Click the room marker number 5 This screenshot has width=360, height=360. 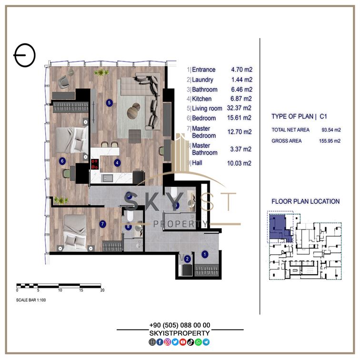click(x=110, y=103)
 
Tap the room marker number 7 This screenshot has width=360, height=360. click(x=103, y=224)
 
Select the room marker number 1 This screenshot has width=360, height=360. click(x=205, y=254)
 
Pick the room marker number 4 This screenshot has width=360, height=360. click(x=117, y=163)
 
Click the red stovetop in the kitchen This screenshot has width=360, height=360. click(x=95, y=164)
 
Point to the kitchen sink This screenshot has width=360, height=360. click(x=107, y=178)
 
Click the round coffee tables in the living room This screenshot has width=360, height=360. click(x=134, y=110)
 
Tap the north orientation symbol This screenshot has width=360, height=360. click(x=24, y=55)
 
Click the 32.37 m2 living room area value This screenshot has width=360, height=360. click(x=239, y=108)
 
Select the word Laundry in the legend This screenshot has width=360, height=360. click(x=202, y=80)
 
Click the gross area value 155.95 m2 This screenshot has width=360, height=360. click(x=330, y=141)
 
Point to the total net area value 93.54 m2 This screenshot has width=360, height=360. click(x=331, y=130)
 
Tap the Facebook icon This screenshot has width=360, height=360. click(x=160, y=342)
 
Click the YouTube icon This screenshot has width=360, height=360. click(x=183, y=342)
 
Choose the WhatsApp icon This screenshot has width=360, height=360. click(x=198, y=342)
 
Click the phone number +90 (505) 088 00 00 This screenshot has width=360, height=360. click(x=180, y=325)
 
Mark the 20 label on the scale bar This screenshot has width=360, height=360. click(x=102, y=290)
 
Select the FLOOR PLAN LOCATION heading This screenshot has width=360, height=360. click(x=306, y=201)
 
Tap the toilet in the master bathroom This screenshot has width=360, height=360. click(x=130, y=216)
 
